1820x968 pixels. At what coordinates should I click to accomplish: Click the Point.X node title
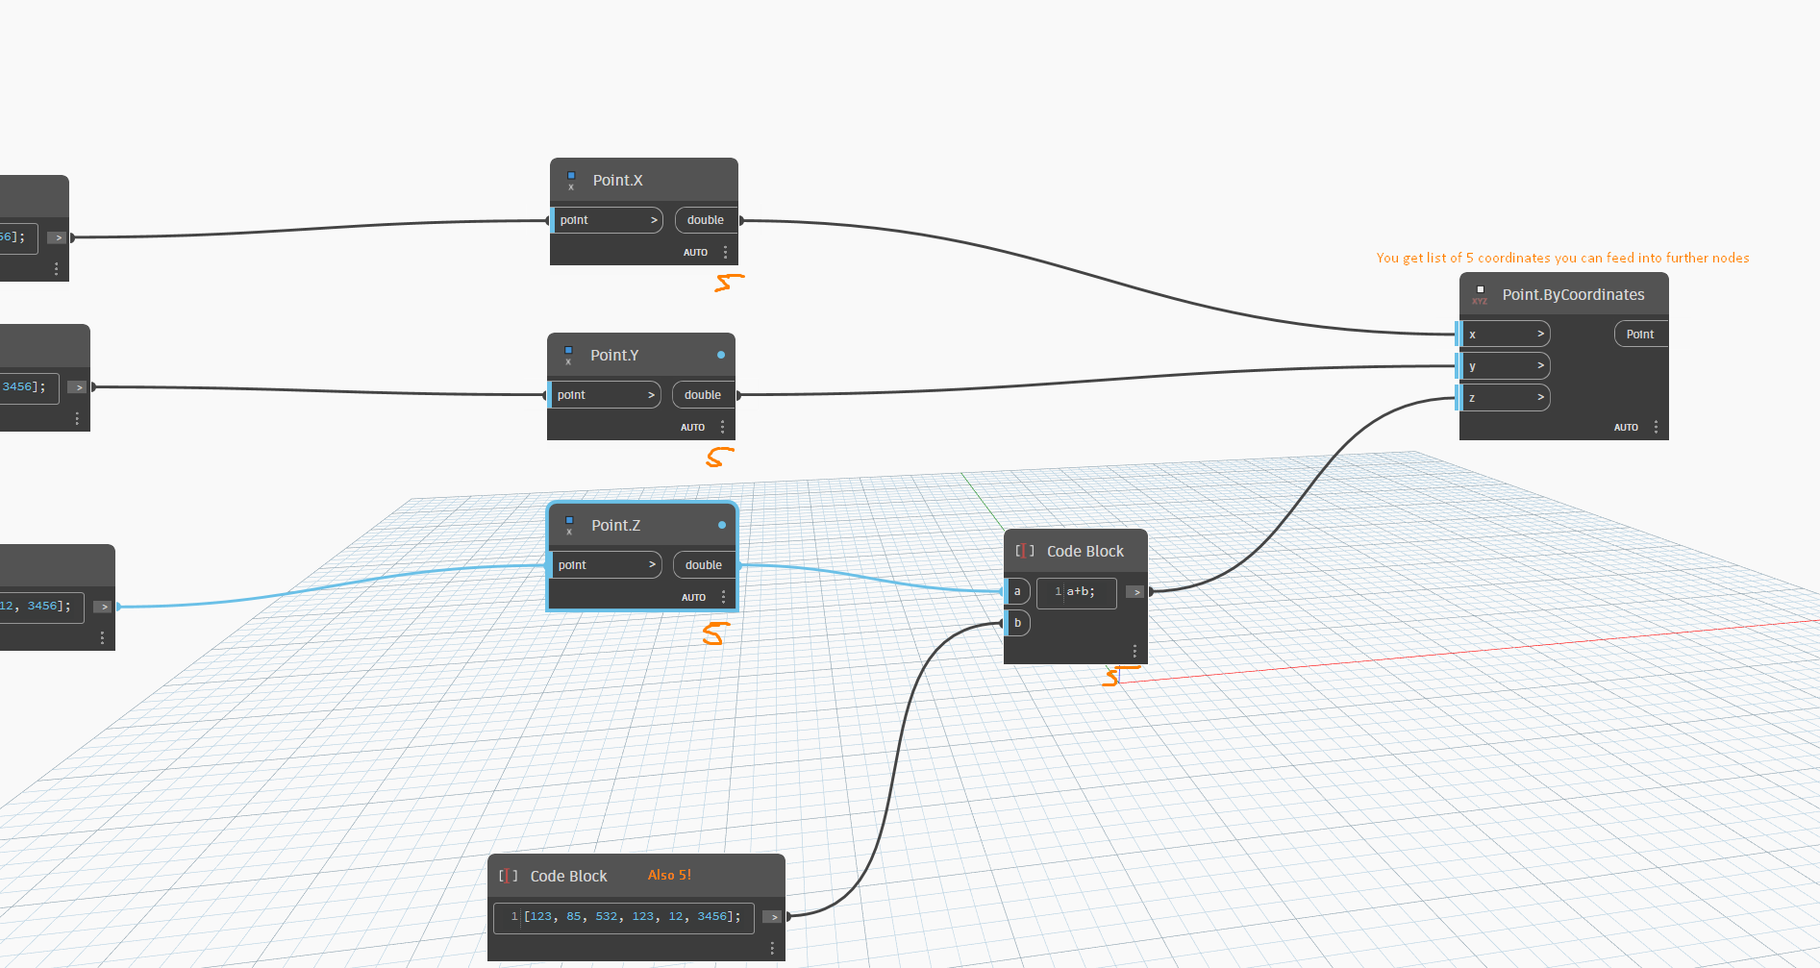tap(617, 181)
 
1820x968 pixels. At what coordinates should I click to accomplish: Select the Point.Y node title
tap(614, 356)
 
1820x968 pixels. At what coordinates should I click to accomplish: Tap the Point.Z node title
tap(615, 526)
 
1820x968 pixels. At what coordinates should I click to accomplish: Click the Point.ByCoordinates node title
tap(1573, 295)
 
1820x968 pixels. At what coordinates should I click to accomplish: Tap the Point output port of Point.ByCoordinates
tap(1640, 335)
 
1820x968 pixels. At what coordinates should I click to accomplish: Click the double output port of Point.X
tap(706, 220)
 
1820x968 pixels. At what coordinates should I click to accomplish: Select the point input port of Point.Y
tap(604, 395)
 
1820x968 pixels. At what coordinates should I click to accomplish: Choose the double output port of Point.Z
tap(704, 565)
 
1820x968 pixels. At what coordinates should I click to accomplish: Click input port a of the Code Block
tap(1017, 591)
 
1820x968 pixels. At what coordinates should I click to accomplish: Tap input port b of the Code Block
tap(1017, 623)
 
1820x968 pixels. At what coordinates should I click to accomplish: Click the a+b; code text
tap(1081, 592)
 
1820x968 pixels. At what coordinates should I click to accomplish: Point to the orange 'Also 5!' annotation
tap(669, 876)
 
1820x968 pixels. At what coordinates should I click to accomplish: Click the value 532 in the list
tap(606, 917)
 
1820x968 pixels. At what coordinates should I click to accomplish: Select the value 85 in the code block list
tap(574, 917)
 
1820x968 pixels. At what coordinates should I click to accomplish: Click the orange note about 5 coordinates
tap(1562, 258)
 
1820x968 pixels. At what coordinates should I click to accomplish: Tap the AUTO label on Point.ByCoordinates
tap(1626, 428)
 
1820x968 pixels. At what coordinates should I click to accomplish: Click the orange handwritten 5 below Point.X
tap(729, 283)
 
